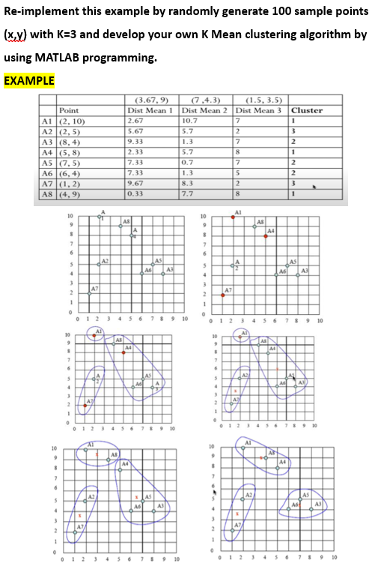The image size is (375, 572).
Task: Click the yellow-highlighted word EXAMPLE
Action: (29, 80)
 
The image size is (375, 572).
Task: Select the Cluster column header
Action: (307, 110)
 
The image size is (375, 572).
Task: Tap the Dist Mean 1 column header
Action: (150, 110)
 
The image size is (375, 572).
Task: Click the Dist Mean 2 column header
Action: (204, 110)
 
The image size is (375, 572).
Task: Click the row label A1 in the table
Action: (46, 120)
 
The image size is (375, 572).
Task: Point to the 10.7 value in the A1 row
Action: (190, 120)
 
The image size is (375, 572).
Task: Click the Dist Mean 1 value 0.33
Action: (137, 193)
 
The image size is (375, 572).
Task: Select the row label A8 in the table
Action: (46, 193)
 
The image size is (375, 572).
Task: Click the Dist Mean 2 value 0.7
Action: (188, 161)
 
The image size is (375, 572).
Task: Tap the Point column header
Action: (69, 110)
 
